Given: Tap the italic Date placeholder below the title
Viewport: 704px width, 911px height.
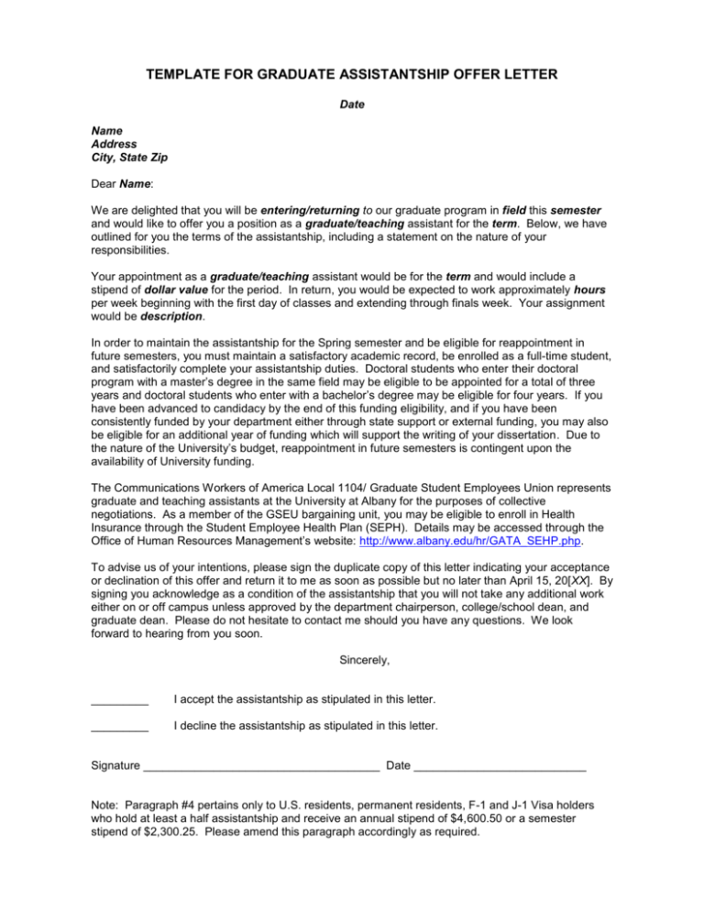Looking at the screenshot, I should coord(352,104).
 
